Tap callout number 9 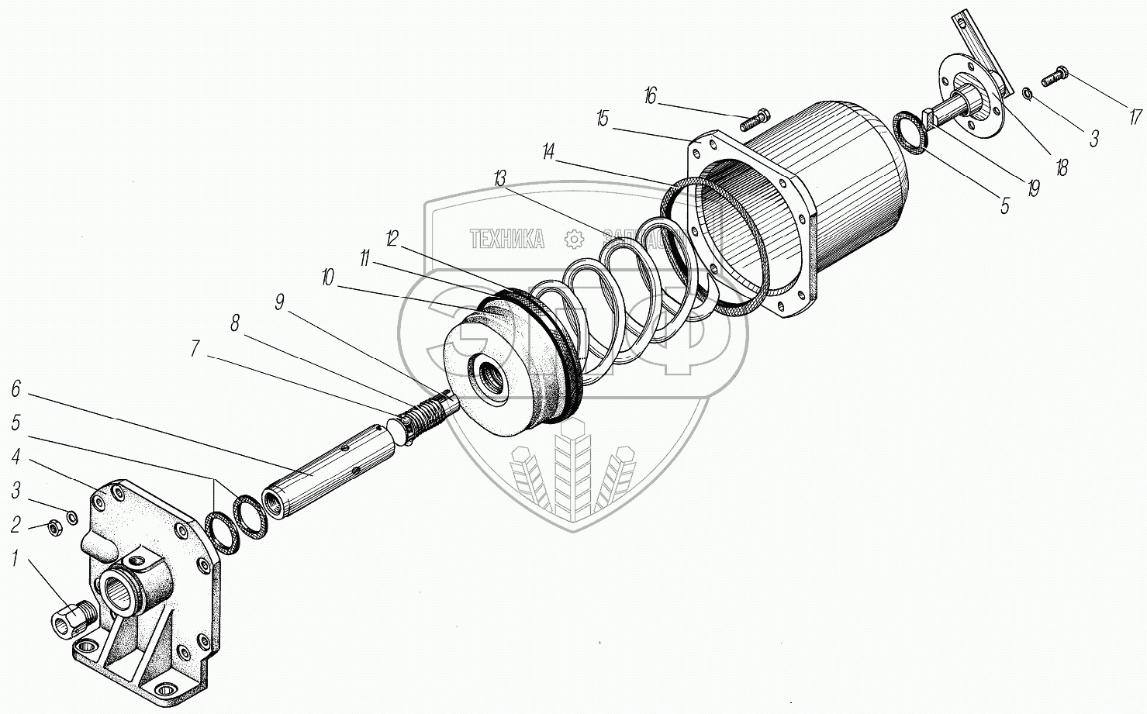[x=279, y=302]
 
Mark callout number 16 [x=650, y=96]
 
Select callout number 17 [x=1135, y=117]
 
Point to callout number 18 [x=1061, y=167]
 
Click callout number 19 [x=1033, y=188]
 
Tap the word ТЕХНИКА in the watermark [x=506, y=240]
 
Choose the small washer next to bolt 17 [x=1027, y=95]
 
